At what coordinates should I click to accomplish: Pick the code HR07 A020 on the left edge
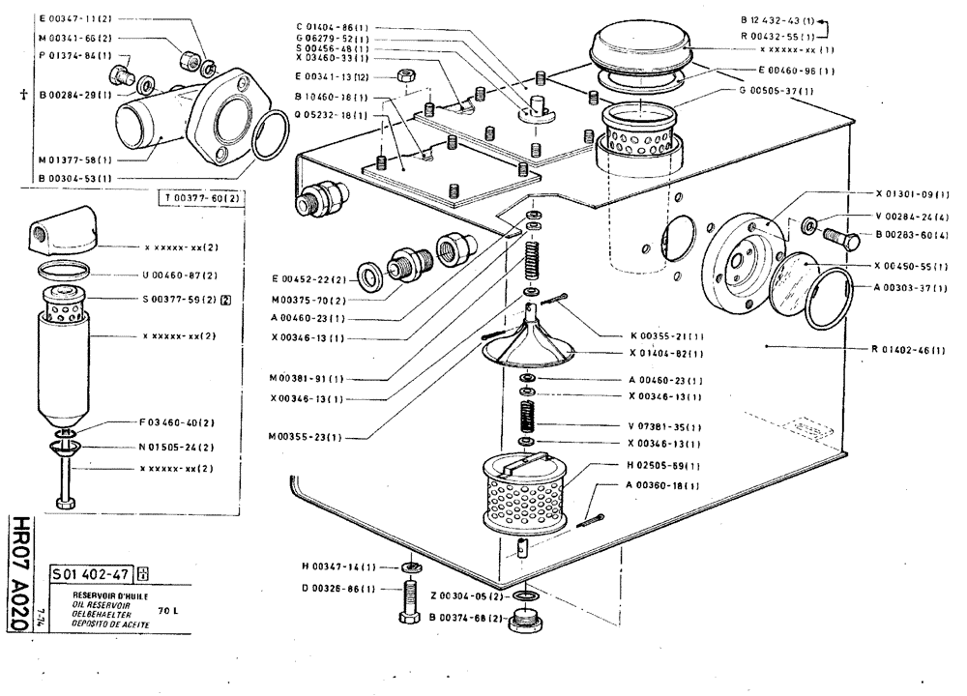(18, 570)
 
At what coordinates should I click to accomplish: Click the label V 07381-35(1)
(663, 426)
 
